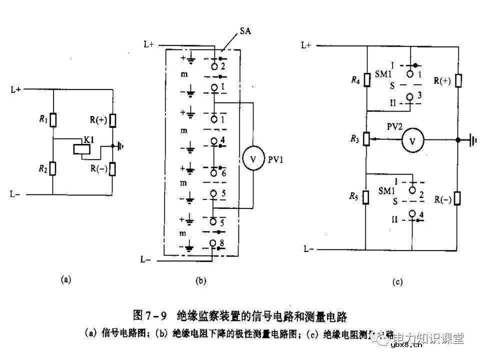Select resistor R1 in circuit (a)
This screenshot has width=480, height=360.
[52, 120]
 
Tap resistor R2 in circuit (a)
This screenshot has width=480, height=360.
[52, 168]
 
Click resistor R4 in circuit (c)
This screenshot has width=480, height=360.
[367, 79]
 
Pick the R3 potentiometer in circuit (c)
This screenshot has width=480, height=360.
[367, 138]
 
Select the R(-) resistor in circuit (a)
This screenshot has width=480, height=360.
[113, 168]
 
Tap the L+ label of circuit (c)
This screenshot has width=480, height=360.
[306, 45]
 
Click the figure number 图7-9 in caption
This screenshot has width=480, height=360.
[149, 316]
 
